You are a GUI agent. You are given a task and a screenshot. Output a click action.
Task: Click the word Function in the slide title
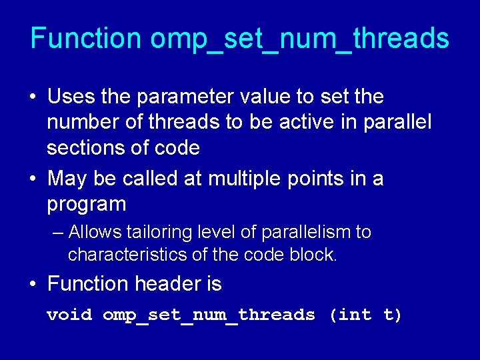pyautogui.click(x=85, y=39)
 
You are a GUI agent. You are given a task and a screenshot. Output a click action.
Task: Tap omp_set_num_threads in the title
pyautogui.click(x=299, y=39)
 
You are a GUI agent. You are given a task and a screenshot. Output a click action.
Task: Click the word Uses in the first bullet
pyautogui.click(x=71, y=97)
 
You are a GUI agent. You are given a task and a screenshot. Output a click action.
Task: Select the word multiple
pyautogui.click(x=246, y=179)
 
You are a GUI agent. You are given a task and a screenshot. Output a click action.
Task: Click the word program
pyautogui.click(x=86, y=205)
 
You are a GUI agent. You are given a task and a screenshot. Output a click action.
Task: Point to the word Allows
pyautogui.click(x=92, y=233)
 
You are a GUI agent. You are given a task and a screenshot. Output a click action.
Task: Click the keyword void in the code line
pyautogui.click(x=69, y=315)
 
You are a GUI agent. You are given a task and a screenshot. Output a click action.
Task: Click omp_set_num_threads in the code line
pyautogui.click(x=209, y=315)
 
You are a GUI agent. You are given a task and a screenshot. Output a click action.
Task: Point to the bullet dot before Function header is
pyautogui.click(x=33, y=285)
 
